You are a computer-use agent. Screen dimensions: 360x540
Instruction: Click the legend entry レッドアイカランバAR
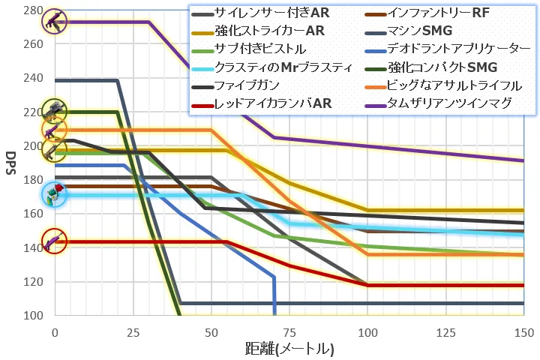[x=271, y=103]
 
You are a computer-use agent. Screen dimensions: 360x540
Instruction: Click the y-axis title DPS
[x=10, y=163]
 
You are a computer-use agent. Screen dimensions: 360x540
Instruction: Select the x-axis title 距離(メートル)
[x=289, y=349]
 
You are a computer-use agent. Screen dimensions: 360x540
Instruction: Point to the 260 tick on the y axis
[x=32, y=43]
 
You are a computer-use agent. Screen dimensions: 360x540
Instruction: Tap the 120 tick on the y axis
[x=32, y=282]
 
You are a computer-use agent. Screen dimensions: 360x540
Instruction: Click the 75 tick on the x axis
[x=289, y=331]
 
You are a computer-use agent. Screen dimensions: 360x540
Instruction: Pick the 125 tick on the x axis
[x=445, y=331]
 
